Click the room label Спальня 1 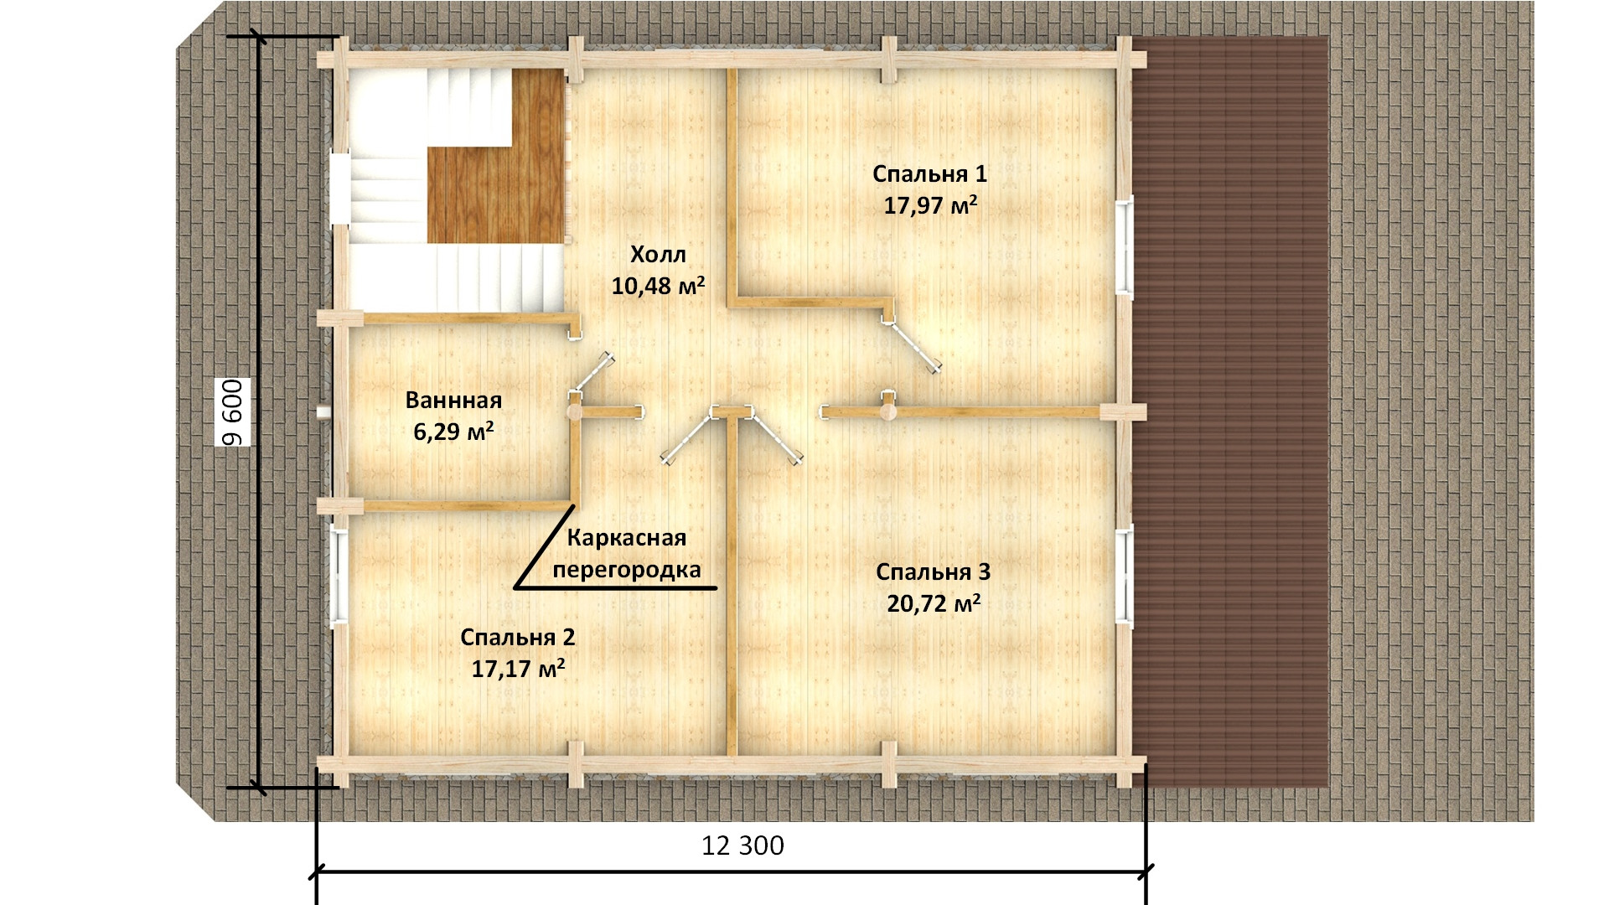click(x=929, y=174)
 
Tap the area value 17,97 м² click(x=931, y=205)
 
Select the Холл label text click(x=658, y=254)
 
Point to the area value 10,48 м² click(x=658, y=286)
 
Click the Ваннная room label click(x=453, y=400)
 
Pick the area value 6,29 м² click(x=453, y=432)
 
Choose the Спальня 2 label click(x=518, y=638)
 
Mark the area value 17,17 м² click(x=518, y=669)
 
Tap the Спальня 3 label click(x=934, y=572)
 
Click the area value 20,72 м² click(x=934, y=603)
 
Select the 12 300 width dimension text click(x=742, y=846)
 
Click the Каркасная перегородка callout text click(x=627, y=554)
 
